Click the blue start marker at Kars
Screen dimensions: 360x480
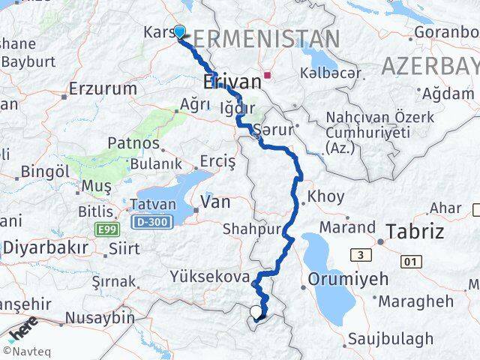(x=180, y=31)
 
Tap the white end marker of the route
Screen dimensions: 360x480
(x=256, y=312)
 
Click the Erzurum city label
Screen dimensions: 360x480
(x=103, y=88)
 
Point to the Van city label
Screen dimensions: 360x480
(x=214, y=202)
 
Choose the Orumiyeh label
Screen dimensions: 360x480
(x=348, y=279)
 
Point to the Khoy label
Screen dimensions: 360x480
(x=326, y=196)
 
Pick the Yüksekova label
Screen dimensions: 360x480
(x=210, y=277)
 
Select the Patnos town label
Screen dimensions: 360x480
(x=133, y=142)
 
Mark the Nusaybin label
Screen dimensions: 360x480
(x=100, y=318)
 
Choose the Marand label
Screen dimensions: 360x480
(x=347, y=226)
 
